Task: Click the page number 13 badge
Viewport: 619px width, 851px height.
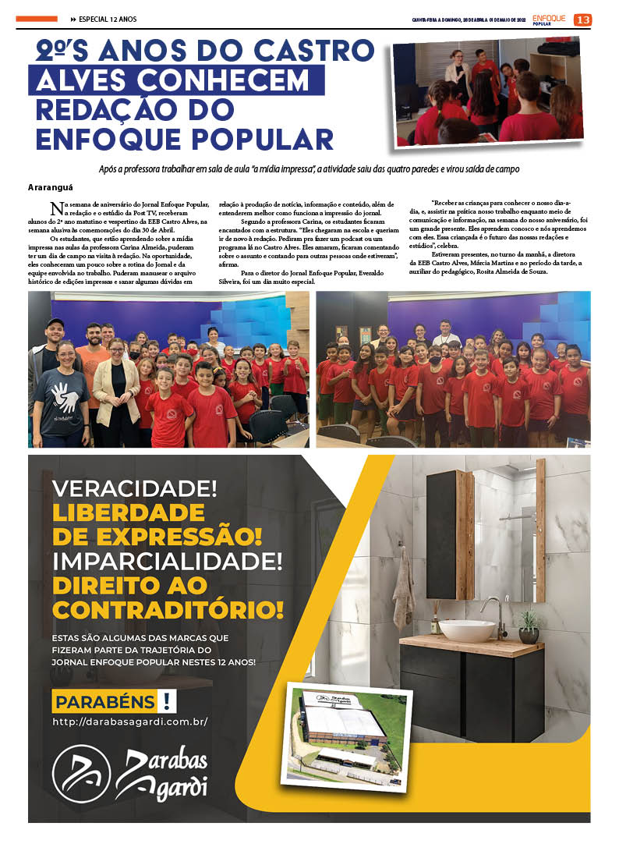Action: pyautogui.click(x=582, y=20)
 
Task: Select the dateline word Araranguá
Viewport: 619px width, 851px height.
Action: pyautogui.click(x=52, y=188)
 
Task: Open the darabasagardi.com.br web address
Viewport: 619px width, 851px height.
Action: pyautogui.click(x=130, y=722)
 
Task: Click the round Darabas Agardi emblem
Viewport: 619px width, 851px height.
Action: pyautogui.click(x=81, y=775)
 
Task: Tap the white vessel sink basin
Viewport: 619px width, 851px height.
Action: pyautogui.click(x=467, y=629)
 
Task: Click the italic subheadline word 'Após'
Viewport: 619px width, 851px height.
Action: pyautogui.click(x=110, y=169)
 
